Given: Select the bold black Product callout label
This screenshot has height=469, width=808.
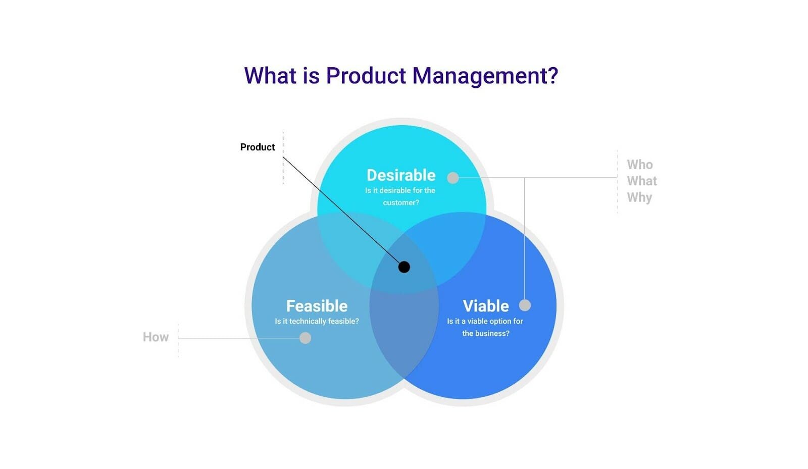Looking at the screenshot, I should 257,147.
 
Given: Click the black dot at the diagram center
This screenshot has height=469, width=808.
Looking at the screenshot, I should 404,267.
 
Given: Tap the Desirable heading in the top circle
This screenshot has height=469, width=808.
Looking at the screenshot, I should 400,175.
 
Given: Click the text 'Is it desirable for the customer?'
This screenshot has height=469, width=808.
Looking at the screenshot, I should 400,196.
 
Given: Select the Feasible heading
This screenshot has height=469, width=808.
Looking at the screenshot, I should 317,306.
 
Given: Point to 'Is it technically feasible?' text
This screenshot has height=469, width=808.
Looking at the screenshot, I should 317,321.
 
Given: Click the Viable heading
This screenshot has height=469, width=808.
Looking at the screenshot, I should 485,306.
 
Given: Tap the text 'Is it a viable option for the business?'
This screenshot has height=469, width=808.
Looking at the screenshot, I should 485,327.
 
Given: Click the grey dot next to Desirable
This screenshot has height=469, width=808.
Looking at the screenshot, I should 453,178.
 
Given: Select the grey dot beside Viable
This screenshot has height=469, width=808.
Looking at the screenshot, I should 525,305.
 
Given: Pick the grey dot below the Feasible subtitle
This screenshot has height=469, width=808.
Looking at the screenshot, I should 305,338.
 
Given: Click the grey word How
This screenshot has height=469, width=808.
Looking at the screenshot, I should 156,337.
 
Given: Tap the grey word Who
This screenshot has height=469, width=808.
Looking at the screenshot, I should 640,165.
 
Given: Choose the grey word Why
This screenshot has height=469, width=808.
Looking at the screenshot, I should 639,197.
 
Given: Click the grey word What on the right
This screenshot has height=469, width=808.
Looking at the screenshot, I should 642,181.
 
